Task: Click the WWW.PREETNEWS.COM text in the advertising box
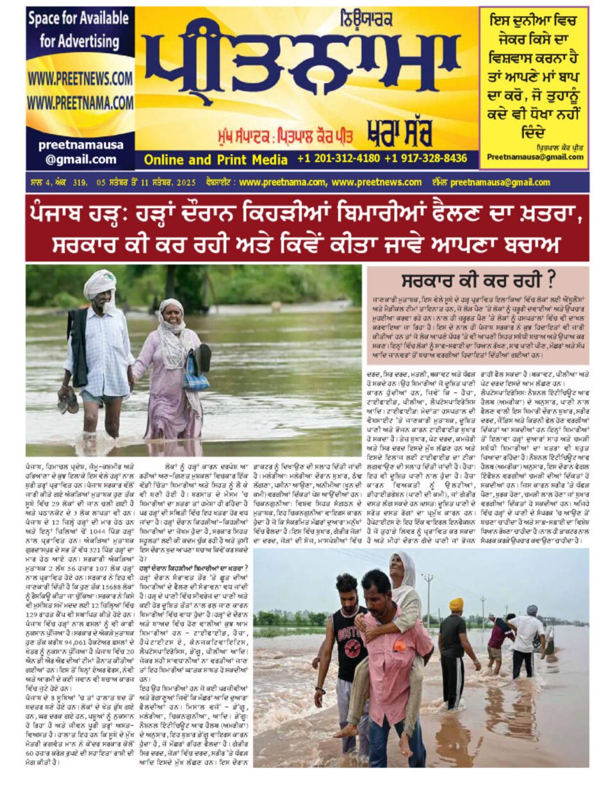(x=79, y=79)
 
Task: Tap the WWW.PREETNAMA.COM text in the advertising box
(x=79, y=102)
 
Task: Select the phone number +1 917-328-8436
(x=426, y=158)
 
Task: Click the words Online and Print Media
(x=215, y=159)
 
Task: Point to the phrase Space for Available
(x=79, y=19)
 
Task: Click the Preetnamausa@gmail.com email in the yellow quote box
(x=535, y=157)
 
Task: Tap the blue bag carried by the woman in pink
(x=196, y=378)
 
